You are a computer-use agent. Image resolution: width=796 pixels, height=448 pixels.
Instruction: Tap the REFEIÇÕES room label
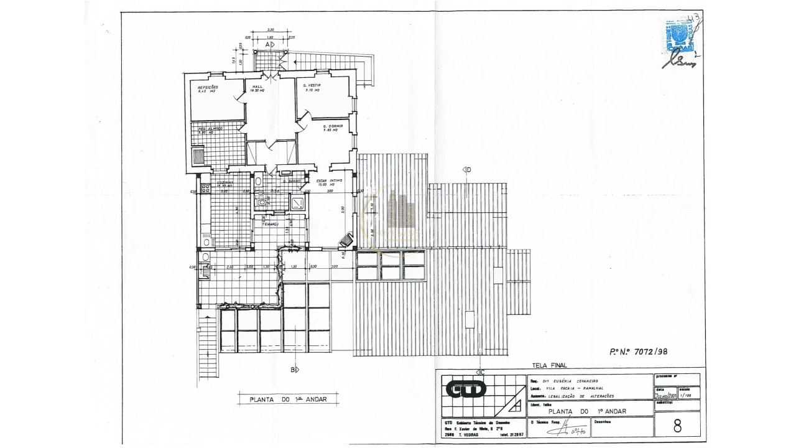point(208,89)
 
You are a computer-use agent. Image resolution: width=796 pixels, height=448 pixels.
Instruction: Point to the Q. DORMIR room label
point(333,128)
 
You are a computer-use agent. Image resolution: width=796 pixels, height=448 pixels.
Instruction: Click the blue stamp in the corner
point(678,36)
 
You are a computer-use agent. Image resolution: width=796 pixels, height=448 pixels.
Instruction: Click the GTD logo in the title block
point(466,390)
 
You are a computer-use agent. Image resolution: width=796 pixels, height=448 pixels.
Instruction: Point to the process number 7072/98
point(639,352)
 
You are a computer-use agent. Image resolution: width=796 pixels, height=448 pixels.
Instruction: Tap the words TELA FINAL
point(550,366)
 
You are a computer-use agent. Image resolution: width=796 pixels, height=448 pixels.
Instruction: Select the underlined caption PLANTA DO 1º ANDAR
point(288,400)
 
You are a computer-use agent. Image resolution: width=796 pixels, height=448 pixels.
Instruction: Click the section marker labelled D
point(466,169)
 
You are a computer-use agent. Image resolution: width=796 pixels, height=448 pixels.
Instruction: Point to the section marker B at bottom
point(294,369)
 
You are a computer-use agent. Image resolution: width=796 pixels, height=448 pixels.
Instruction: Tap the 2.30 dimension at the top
point(271,30)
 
